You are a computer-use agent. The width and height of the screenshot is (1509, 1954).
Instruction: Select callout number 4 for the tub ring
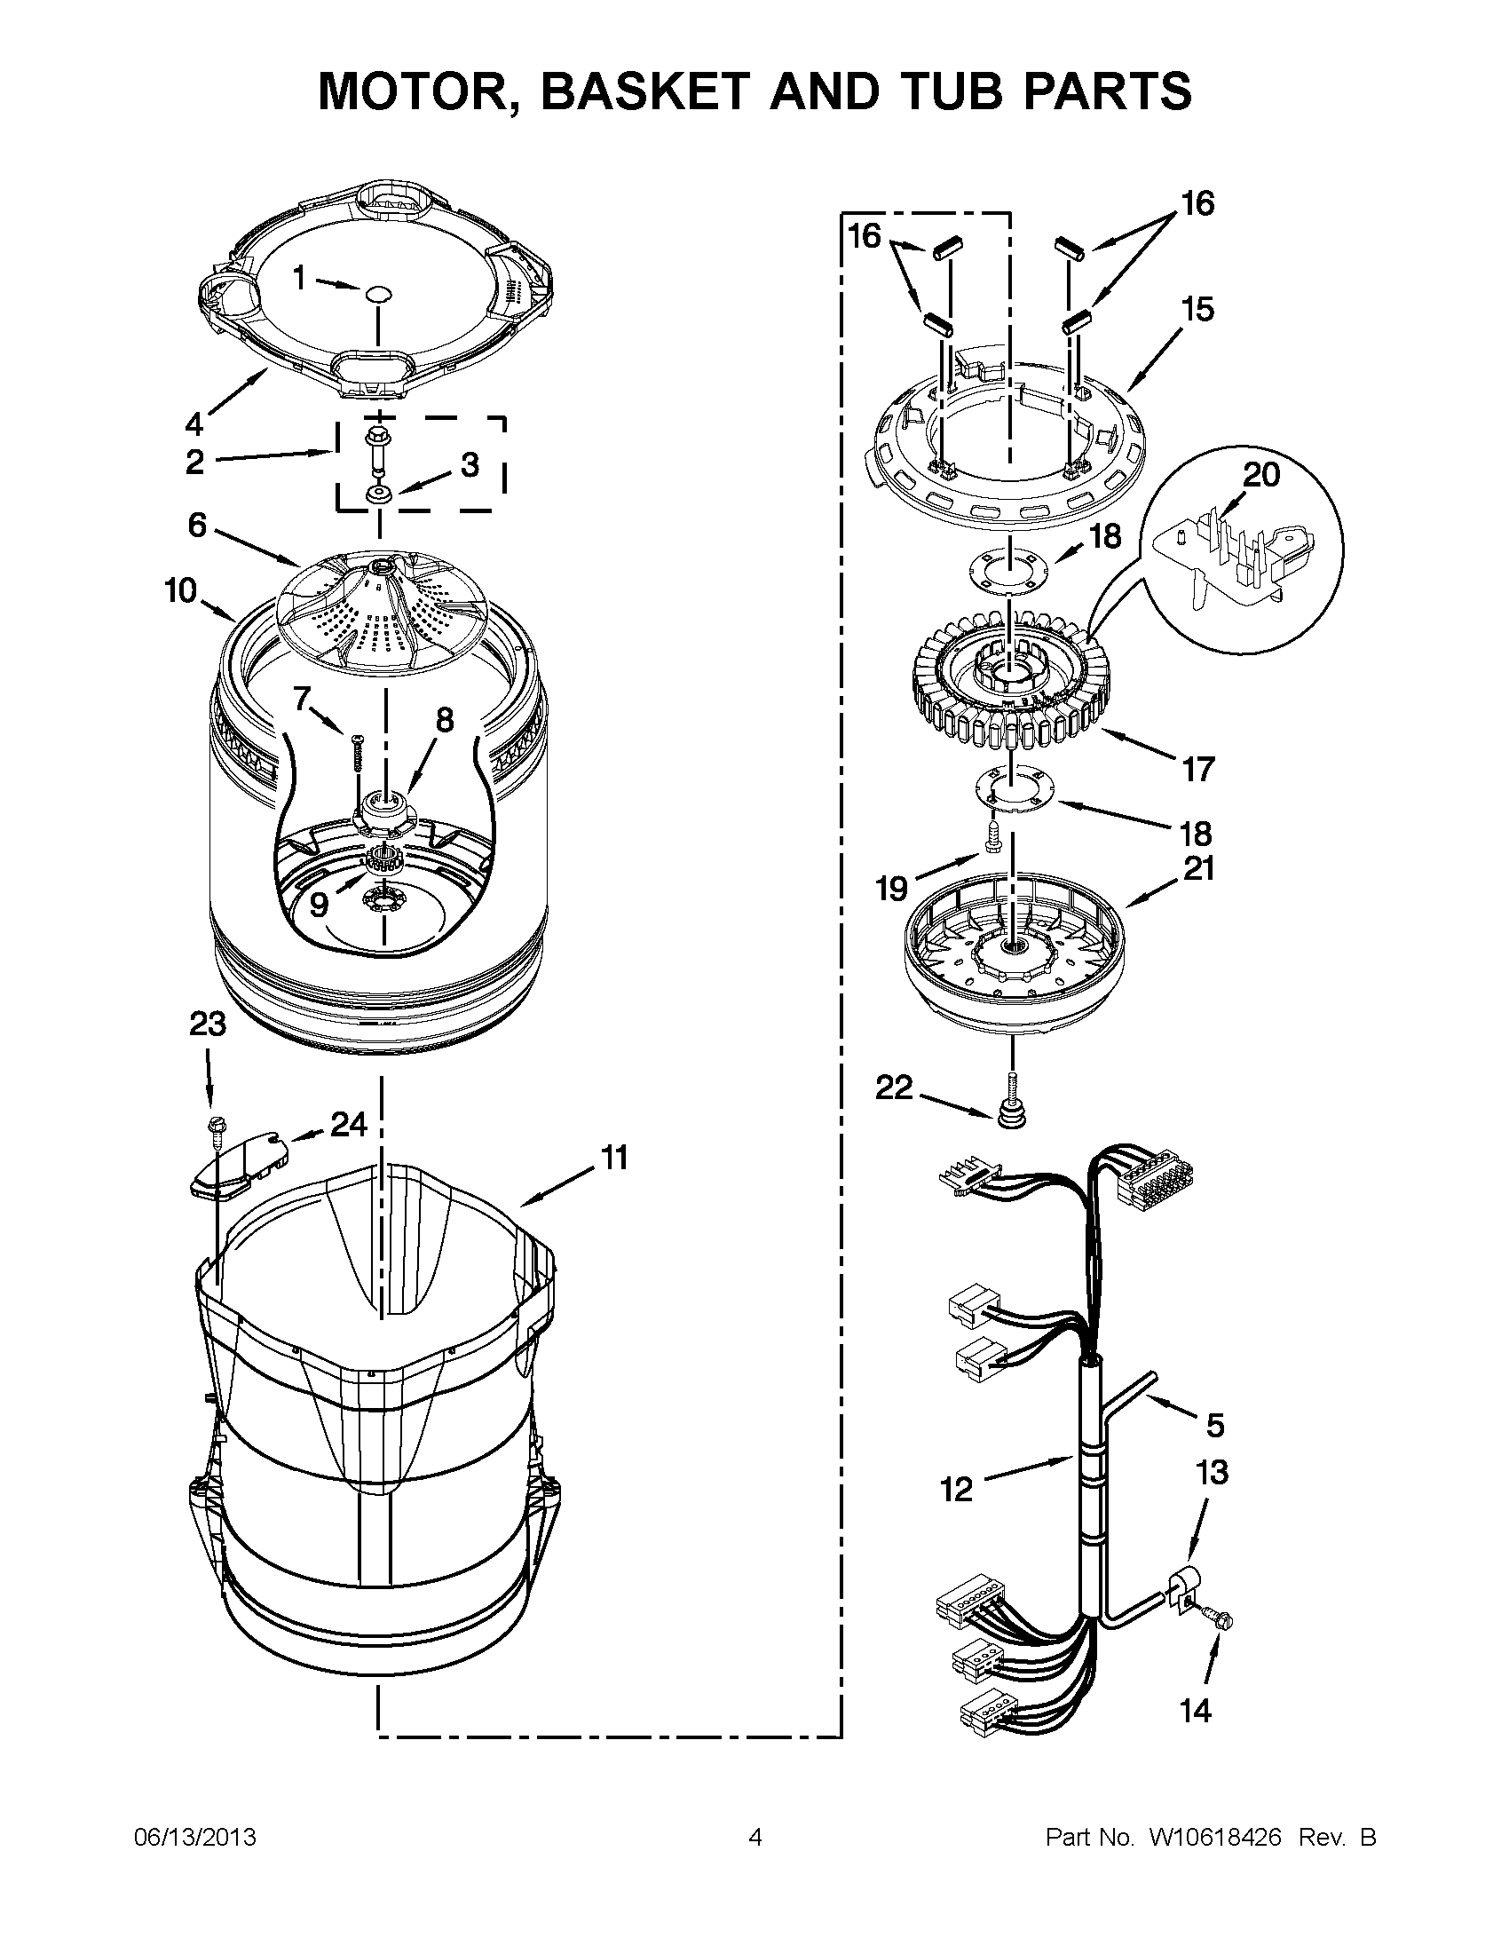pyautogui.click(x=195, y=423)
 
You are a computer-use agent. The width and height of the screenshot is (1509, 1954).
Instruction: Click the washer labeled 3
pyautogui.click(x=376, y=494)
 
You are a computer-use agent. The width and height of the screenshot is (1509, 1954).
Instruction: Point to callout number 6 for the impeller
pyautogui.click(x=197, y=526)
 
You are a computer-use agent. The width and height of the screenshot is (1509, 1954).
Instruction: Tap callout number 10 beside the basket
pyautogui.click(x=181, y=590)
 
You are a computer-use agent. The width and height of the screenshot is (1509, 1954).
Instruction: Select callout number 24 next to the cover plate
pyautogui.click(x=349, y=1124)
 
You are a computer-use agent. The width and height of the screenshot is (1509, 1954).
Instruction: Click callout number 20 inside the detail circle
pyautogui.click(x=1261, y=474)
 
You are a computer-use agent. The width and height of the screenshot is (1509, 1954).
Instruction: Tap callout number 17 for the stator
pyautogui.click(x=1198, y=768)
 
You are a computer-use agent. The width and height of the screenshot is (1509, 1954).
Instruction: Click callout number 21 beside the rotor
pyautogui.click(x=1198, y=867)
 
